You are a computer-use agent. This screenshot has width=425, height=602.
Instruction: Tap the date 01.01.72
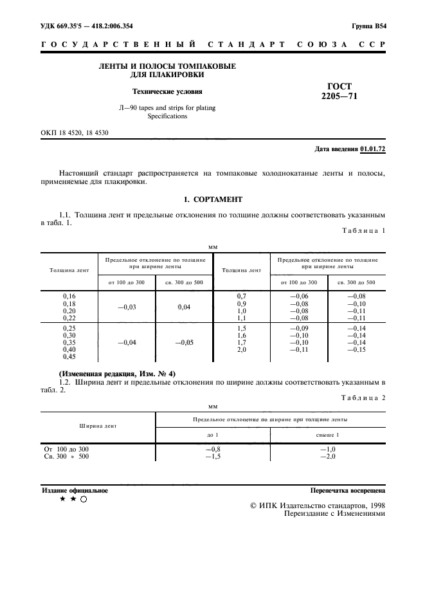[x=372, y=149]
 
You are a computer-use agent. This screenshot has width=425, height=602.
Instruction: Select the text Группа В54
[x=368, y=27]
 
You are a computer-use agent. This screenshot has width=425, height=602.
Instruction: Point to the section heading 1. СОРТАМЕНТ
[x=212, y=199]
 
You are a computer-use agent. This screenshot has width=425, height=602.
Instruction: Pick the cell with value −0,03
[x=127, y=307]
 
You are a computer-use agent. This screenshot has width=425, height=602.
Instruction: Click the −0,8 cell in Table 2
[x=212, y=449]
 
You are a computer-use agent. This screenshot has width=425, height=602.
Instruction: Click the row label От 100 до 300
[x=66, y=449]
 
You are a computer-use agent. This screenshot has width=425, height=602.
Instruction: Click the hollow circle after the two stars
[x=83, y=499]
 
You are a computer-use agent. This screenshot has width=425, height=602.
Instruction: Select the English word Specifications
[x=167, y=116]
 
